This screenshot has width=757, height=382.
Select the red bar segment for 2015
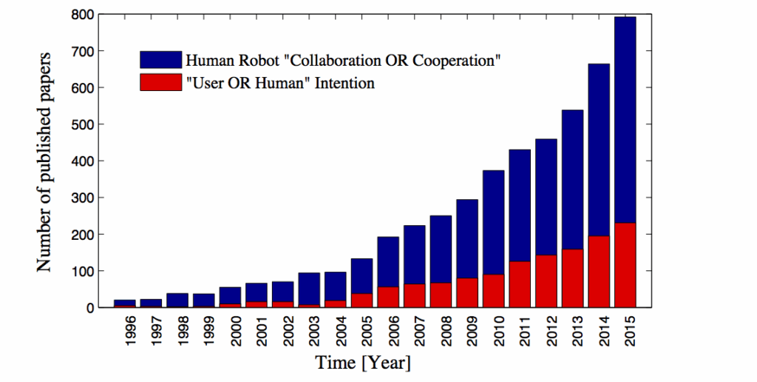coord(625,265)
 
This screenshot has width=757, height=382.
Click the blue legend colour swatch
coord(160,60)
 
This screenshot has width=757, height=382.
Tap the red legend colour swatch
coord(160,82)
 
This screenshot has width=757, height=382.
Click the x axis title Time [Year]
coord(364,363)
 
